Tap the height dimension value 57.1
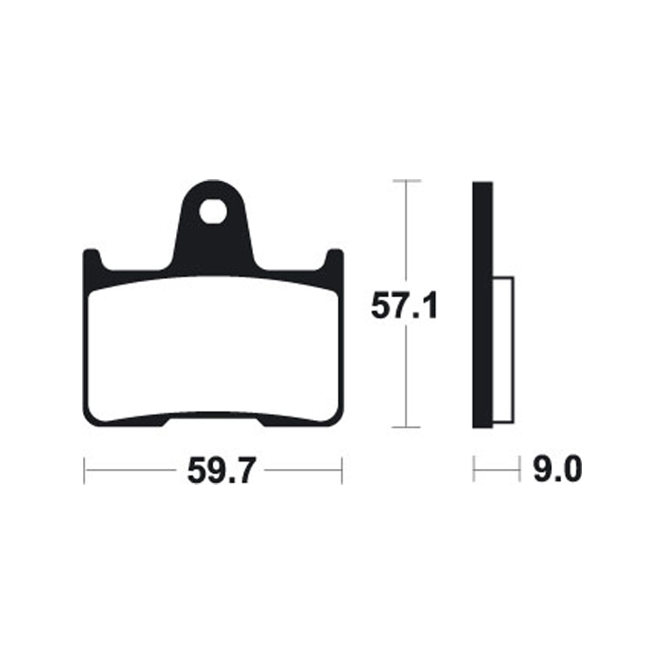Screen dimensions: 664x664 pyautogui.click(x=404, y=308)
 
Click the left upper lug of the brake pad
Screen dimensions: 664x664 pyautogui.click(x=91, y=259)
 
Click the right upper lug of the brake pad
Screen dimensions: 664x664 pyautogui.click(x=334, y=259)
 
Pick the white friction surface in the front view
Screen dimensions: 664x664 pyautogui.click(x=212, y=349)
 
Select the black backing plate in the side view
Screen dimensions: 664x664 pyautogui.click(x=483, y=249)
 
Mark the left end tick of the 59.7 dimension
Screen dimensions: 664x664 pyautogui.click(x=85, y=471)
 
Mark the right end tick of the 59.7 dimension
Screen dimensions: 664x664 pyautogui.click(x=342, y=471)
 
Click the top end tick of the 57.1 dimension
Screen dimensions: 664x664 pyautogui.click(x=405, y=180)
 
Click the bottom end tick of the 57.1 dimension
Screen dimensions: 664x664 pyautogui.click(x=405, y=428)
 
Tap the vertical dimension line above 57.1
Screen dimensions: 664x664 pyautogui.click(x=405, y=232)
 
